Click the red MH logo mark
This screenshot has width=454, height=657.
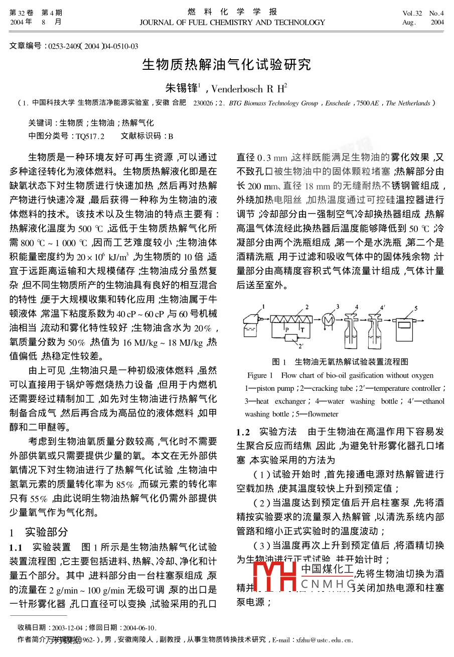click(274, 583)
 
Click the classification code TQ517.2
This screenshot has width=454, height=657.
click(90, 136)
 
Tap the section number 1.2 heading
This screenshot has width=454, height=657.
click(243, 432)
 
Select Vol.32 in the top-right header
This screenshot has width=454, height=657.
click(412, 13)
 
